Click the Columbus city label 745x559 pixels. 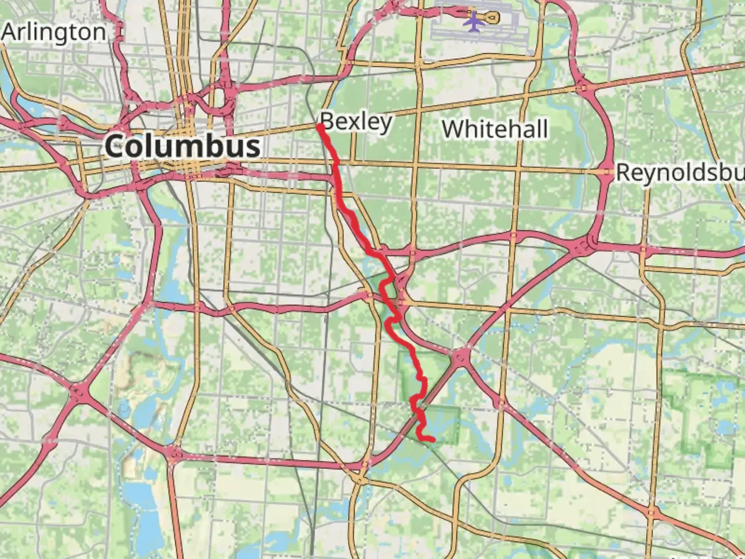click(183, 146)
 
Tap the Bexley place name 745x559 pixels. click(356, 122)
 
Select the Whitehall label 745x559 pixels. click(495, 128)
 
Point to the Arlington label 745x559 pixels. click(54, 32)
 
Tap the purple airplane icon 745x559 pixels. click(473, 21)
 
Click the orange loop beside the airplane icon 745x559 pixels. click(493, 18)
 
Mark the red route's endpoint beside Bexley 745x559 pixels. click(320, 126)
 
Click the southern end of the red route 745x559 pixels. click(432, 440)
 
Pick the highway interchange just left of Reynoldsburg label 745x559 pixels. click(606, 172)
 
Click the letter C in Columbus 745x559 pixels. click(115, 146)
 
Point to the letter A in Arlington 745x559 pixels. click(9, 32)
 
